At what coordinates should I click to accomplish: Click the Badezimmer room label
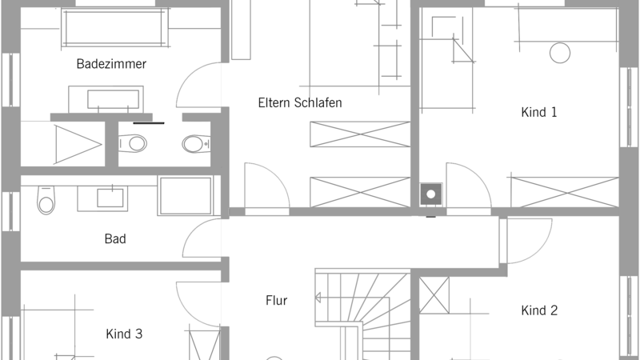[x=111, y=64]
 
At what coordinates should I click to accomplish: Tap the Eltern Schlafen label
[x=300, y=103]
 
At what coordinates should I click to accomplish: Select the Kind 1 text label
[x=538, y=112]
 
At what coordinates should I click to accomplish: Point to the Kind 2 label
[x=539, y=310]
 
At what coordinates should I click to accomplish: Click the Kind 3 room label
[x=124, y=334]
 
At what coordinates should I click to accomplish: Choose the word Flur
[x=276, y=301]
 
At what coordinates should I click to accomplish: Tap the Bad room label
[x=115, y=238]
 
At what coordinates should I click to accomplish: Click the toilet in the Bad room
[x=46, y=200]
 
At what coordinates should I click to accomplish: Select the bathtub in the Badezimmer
[x=114, y=28]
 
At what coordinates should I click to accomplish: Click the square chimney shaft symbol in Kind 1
[x=431, y=194]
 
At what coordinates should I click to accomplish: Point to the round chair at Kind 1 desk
[x=560, y=53]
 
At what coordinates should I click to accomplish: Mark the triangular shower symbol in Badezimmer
[x=78, y=145]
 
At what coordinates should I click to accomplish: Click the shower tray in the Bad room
[x=186, y=196]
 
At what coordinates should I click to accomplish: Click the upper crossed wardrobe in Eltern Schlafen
[x=360, y=134]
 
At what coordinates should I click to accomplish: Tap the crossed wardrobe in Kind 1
[x=565, y=192]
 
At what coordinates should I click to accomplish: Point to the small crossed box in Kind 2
[x=434, y=295]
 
